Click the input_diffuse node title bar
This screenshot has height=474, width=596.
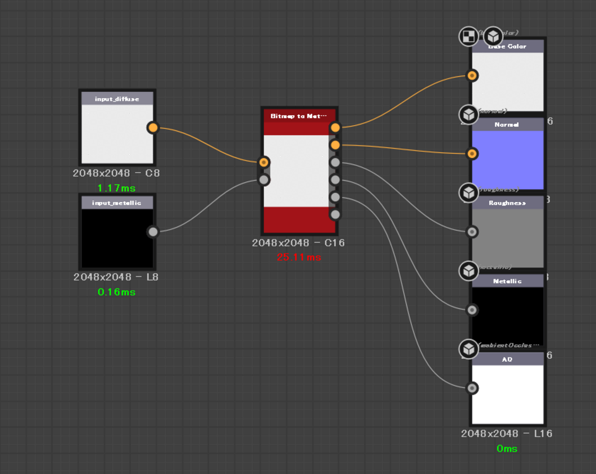pos(117,99)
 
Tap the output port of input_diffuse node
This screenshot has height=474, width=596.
pos(153,128)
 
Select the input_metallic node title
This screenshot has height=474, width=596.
pos(117,203)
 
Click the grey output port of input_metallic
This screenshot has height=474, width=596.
pos(153,232)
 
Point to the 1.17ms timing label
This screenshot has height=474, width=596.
pos(116,188)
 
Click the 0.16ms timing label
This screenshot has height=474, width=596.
pos(116,292)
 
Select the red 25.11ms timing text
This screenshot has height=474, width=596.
pos(299,257)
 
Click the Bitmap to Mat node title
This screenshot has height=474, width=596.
pos(298,116)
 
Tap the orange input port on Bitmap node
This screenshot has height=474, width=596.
pos(264,162)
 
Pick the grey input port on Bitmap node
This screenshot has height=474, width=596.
pos(264,180)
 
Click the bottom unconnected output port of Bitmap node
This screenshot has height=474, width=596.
pos(335,214)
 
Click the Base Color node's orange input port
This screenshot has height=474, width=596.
pos(472,75)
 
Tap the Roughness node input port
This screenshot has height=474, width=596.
pos(472,232)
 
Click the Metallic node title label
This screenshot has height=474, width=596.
pos(507,281)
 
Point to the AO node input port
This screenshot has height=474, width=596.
pos(472,388)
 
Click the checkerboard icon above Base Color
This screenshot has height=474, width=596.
pos(468,36)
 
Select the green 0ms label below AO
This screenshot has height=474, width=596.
pos(507,449)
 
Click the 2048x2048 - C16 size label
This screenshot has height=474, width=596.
pos(298,243)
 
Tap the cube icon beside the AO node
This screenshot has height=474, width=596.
pos(468,349)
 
